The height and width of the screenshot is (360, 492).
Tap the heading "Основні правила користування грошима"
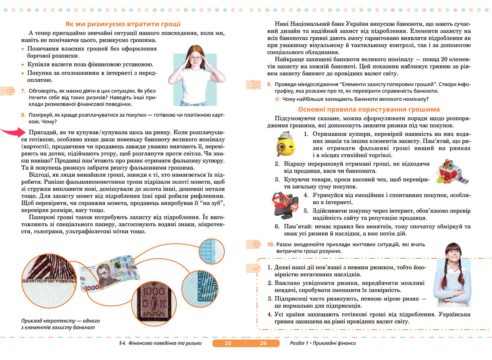[369, 109]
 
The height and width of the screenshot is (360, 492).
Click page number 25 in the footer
[228, 343]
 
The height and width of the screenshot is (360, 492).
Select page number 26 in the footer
[263, 343]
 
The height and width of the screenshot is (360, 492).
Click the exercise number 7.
[23, 91]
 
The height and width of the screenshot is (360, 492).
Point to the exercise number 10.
[270, 244]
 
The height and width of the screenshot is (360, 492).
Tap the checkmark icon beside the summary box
[256, 268]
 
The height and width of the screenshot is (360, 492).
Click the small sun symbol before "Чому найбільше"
[277, 99]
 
